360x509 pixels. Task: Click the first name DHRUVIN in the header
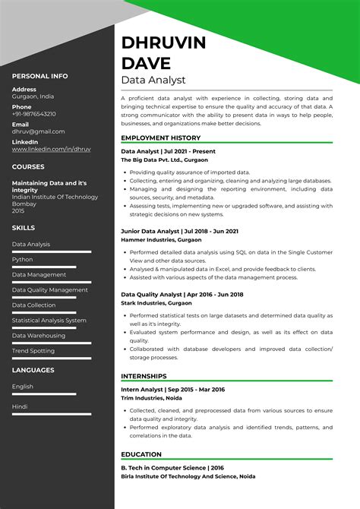coord(163,43)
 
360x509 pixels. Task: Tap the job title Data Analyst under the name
coord(153,80)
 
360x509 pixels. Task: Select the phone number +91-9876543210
coord(34,114)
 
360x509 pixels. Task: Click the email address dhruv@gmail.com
coord(38,131)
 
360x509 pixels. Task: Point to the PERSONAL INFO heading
coord(39,76)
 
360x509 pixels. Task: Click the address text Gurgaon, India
coord(33,97)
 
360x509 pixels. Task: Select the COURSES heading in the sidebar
coord(28,166)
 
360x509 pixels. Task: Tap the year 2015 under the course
coord(19,210)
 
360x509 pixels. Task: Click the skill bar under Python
coord(46,266)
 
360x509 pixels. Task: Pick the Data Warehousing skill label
coord(39,335)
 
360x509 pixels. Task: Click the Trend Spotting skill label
coord(33,350)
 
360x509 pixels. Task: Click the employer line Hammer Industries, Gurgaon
coord(162,239)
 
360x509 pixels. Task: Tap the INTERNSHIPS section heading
coord(145,375)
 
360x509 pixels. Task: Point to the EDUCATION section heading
coord(141,454)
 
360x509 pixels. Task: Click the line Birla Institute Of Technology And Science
coord(188,476)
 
